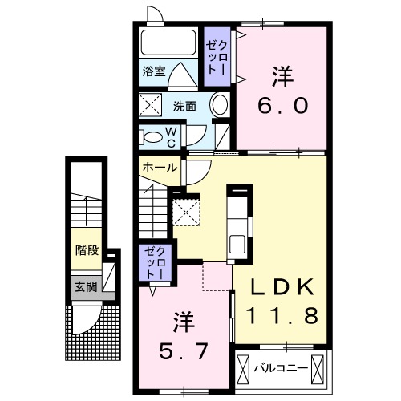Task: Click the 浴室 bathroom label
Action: pyautogui.click(x=154, y=71)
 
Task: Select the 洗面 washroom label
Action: pyautogui.click(x=184, y=106)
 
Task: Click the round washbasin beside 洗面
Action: pyautogui.click(x=219, y=105)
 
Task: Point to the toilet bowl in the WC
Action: pyautogui.click(x=152, y=136)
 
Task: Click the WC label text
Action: pyautogui.click(x=172, y=136)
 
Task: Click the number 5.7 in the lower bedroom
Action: pyautogui.click(x=184, y=351)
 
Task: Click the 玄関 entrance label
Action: pyautogui.click(x=86, y=286)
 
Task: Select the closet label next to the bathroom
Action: pyautogui.click(x=214, y=56)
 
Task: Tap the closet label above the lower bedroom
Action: pyautogui.click(x=153, y=262)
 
